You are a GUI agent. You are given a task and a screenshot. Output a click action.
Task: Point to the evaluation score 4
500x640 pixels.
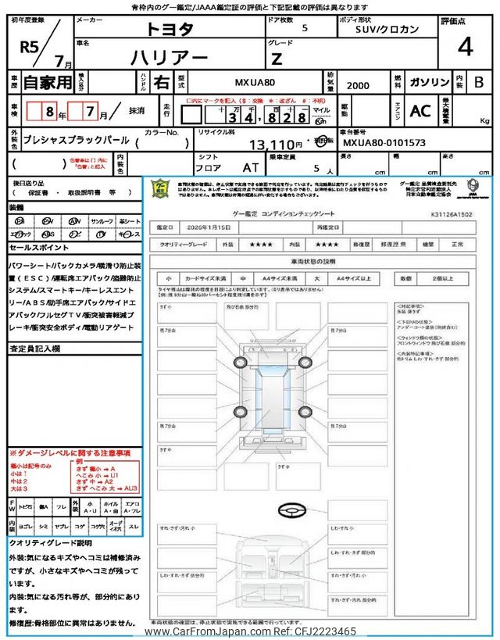coord(464,47)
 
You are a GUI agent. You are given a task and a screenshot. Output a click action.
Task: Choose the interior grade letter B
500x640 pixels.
coord(478,82)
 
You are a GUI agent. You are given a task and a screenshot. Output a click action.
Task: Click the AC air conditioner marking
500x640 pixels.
coord(420,111)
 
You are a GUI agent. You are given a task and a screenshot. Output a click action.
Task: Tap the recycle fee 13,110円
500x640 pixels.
coord(276,145)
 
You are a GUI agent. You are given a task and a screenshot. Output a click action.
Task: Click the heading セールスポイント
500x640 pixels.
coord(40,247)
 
